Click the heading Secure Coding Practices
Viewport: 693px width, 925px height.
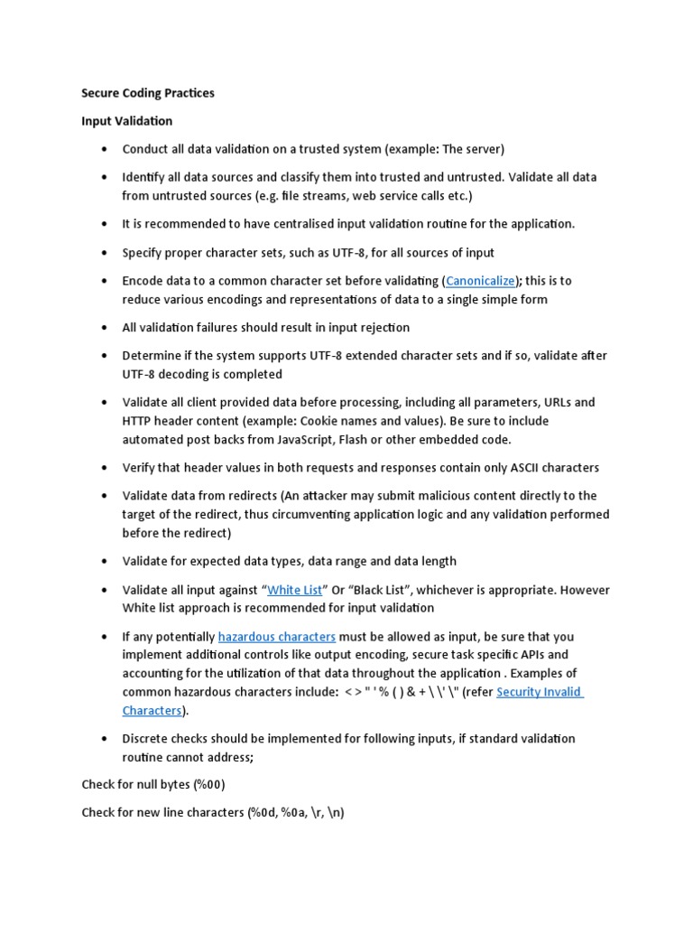148,93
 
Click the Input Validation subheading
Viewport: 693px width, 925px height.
126,120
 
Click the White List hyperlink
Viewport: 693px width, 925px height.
295,590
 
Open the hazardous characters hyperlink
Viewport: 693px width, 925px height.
277,636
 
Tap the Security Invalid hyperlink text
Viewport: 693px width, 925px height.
540,692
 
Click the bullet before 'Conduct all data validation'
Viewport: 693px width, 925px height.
106,149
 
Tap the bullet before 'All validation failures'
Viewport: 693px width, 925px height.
106,328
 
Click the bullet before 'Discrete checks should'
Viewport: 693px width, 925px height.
106,739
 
